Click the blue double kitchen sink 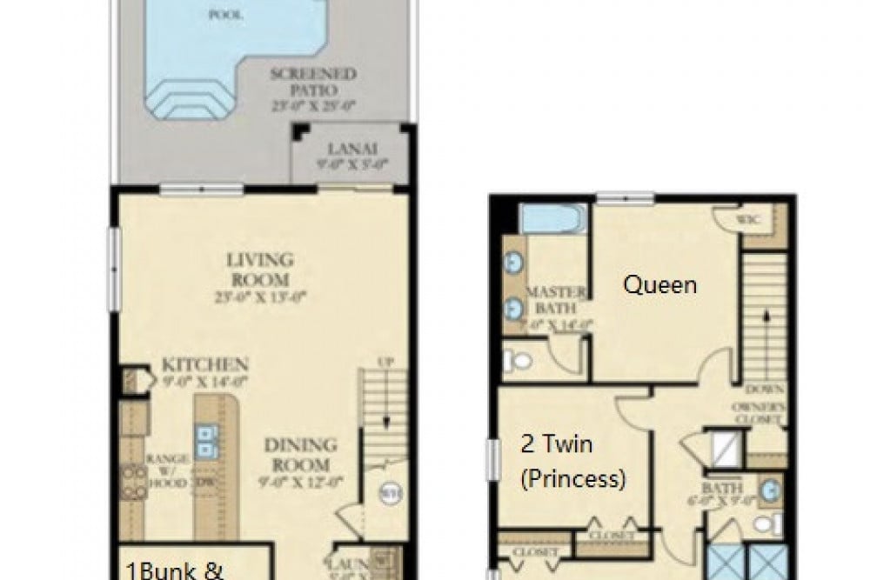207,441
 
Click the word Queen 661,284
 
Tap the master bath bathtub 553,218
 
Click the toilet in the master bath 519,359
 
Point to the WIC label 748,219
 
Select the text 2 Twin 556,445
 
